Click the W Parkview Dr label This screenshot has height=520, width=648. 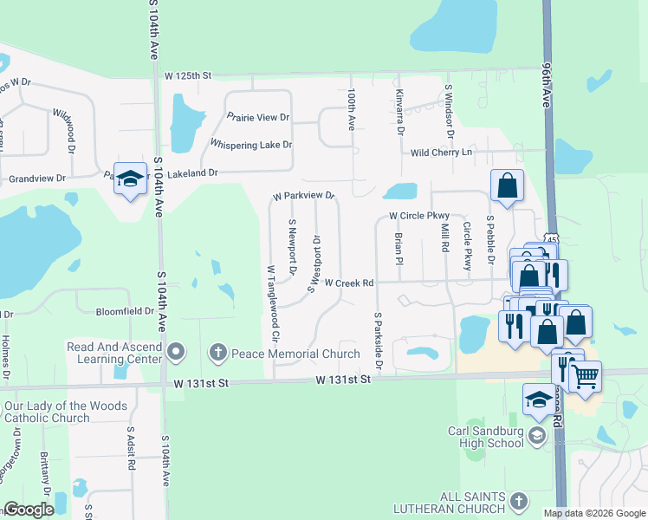pos(302,197)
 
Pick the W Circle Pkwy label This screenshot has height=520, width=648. pos(419,215)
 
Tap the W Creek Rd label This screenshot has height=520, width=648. pos(349,283)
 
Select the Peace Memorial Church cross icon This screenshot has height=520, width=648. pos(217,353)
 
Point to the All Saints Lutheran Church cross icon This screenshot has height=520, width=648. pos(518,501)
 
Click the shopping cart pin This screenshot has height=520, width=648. pos(586,375)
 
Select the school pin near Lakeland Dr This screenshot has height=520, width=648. pos(130,179)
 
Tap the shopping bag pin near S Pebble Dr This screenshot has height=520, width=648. pos(507,184)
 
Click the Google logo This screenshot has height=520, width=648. pos(29,510)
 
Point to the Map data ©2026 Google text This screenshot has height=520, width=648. pos(593,513)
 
